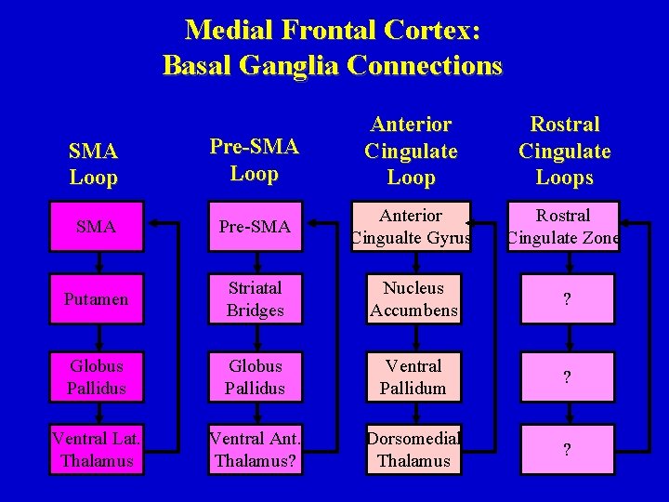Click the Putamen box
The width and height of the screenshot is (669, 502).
[98, 299]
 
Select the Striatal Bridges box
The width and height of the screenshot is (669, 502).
[255, 299]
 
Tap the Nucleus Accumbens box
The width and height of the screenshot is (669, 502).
[413, 299]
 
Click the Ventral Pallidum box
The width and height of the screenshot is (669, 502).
[413, 376]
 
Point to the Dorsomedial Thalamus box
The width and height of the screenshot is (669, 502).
[413, 449]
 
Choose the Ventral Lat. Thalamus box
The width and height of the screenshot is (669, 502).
[98, 449]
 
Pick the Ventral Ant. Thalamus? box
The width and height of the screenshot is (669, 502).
[255, 449]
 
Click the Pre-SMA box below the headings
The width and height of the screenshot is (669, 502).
[255, 227]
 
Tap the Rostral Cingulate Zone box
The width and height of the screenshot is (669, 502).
[564, 227]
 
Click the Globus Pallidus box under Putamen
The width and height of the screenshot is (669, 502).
[98, 376]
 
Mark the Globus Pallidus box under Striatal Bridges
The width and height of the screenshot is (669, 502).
[255, 376]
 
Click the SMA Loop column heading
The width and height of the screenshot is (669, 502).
[94, 164]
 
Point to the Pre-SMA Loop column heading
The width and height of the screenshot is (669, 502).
[254, 160]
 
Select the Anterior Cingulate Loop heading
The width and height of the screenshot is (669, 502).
[411, 151]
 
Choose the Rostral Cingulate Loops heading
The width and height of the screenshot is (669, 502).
[564, 151]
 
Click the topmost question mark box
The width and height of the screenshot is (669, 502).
[567, 299]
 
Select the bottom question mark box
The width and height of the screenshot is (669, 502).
[567, 449]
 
